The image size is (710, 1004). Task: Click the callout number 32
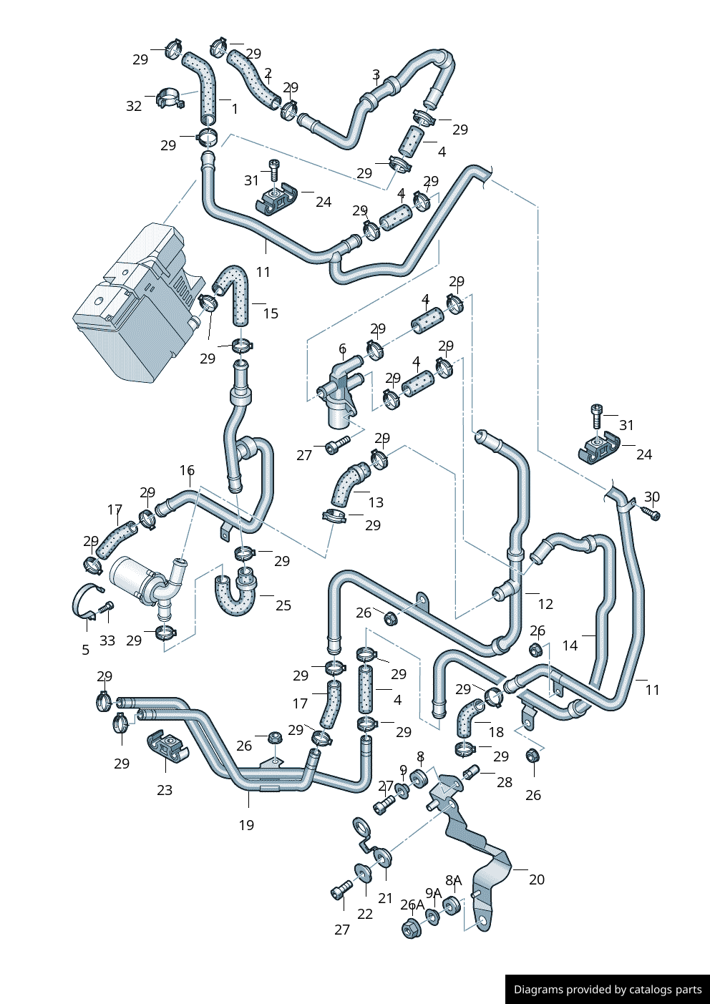point(134,107)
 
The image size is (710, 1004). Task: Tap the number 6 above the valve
point(342,349)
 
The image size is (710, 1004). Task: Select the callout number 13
point(376,502)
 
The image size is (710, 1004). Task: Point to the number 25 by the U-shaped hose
point(283,605)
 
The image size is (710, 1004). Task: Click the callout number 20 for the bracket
point(537,879)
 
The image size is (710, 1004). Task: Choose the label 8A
point(453,880)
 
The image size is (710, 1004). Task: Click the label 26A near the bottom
point(412,905)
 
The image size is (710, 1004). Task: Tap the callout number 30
point(652,497)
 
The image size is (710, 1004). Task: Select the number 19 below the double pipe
point(246,825)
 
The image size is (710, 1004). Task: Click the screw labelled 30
point(651,513)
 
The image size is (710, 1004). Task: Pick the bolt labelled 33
point(107,608)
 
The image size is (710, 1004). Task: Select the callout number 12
point(545,604)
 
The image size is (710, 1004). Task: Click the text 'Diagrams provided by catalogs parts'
point(608,990)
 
